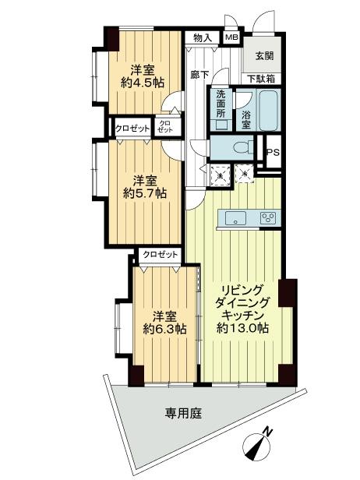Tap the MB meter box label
tap(232, 37)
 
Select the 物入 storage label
tap(203, 37)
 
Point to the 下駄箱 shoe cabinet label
tap(261, 78)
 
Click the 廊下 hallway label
tap(199, 75)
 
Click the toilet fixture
tap(244, 146)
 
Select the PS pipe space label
tap(273, 153)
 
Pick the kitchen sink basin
tap(236, 218)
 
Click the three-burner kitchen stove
tap(269, 218)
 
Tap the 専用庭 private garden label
tap(183, 414)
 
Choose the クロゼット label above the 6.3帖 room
tap(160, 255)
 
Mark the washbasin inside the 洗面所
tap(221, 124)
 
